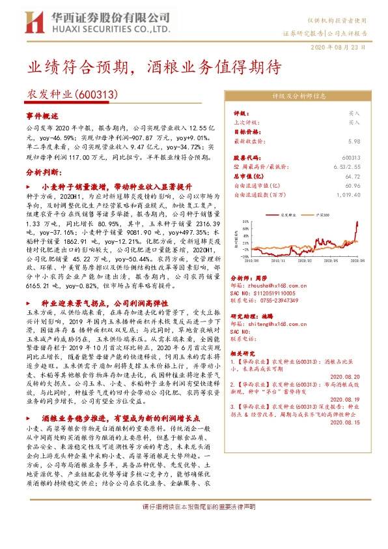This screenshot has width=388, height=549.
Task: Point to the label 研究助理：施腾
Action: coord(250,316)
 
